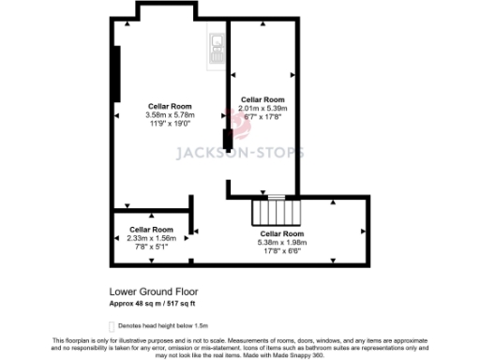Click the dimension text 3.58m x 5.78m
click(x=169, y=114)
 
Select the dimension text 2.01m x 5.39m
click(x=262, y=108)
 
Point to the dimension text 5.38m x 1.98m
click(x=281, y=242)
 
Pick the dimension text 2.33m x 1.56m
click(x=151, y=238)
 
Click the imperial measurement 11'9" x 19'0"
click(x=169, y=123)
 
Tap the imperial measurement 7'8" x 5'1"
click(x=151, y=247)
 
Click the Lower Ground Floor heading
click(x=154, y=292)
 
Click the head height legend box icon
click(x=112, y=323)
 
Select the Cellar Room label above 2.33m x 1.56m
click(x=151, y=229)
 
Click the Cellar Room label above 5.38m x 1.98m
click(x=281, y=233)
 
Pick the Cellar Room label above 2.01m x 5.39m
click(x=262, y=98)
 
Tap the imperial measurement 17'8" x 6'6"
click(x=281, y=250)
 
